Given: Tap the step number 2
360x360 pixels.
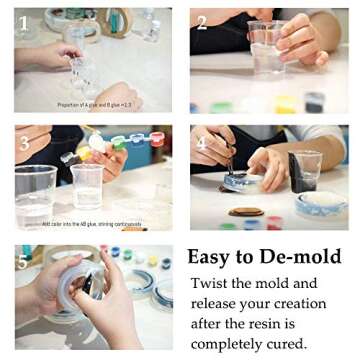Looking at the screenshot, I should click(x=202, y=22).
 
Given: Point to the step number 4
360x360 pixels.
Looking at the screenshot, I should click(x=202, y=142).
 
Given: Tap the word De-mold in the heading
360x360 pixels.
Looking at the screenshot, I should click(x=306, y=257).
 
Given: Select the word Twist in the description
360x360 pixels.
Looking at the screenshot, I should click(x=213, y=283).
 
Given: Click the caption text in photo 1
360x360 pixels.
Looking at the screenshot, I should click(x=94, y=105).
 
